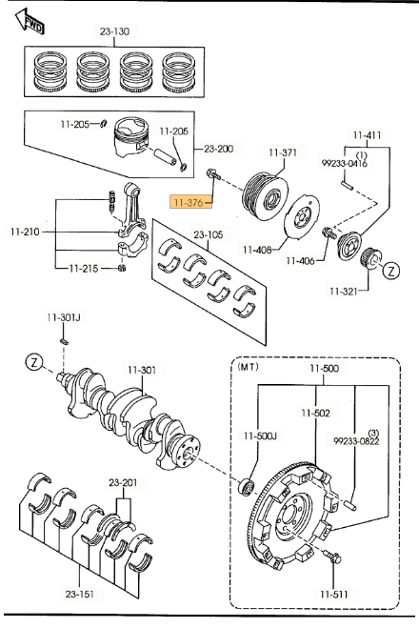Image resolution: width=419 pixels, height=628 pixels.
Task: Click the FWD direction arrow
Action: pyautogui.click(x=30, y=22)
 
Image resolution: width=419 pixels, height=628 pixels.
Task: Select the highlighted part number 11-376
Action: pyautogui.click(x=190, y=202)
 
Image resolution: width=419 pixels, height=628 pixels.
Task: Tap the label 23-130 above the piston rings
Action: pyautogui.click(x=114, y=31)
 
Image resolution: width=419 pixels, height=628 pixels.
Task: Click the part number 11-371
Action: pyautogui.click(x=283, y=152)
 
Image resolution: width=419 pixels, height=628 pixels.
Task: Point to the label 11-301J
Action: pyautogui.click(x=64, y=317)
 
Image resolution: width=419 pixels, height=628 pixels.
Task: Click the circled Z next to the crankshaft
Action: pyautogui.click(x=34, y=362)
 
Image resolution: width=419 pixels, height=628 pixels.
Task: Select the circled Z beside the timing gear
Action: pyautogui.click(x=391, y=272)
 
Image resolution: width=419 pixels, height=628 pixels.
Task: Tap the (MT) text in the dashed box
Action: pyautogui.click(x=249, y=367)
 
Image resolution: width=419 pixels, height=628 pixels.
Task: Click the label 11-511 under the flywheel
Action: pyautogui.click(x=333, y=595)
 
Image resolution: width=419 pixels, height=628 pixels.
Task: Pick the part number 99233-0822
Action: pyautogui.click(x=356, y=441)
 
